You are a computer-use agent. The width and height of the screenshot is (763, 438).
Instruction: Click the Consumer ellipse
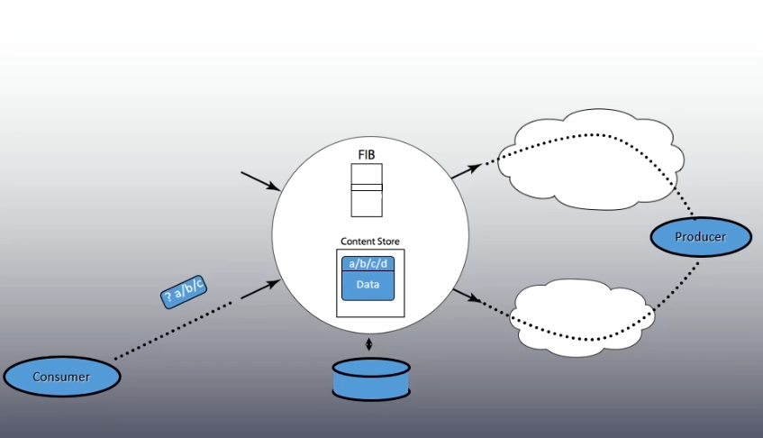tap(62, 377)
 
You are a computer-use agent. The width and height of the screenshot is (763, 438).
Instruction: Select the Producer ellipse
tap(701, 236)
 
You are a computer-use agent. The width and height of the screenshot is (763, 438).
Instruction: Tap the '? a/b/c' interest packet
tap(184, 291)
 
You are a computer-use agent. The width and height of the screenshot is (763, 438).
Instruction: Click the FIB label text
tap(367, 155)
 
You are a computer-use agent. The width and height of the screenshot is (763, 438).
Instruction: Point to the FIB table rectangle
tap(367, 190)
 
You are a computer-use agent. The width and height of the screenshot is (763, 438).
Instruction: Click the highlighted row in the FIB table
tap(367, 187)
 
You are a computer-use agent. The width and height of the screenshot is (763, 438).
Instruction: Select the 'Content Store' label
tap(370, 242)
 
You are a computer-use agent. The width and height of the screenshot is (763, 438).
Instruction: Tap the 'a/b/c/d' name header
tap(368, 264)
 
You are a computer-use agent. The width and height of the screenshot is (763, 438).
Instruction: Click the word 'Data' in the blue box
tap(368, 285)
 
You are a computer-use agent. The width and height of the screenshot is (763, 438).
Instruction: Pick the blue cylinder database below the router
tap(371, 379)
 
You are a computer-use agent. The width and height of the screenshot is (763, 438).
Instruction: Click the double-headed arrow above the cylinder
tap(368, 344)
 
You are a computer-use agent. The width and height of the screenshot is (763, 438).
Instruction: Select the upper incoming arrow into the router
tap(260, 180)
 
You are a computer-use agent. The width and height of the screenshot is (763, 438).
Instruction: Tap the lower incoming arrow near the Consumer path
tap(261, 289)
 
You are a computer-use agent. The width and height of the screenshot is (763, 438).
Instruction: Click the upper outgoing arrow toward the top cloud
tap(466, 171)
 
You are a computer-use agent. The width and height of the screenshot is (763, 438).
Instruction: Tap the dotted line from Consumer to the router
tap(173, 331)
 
